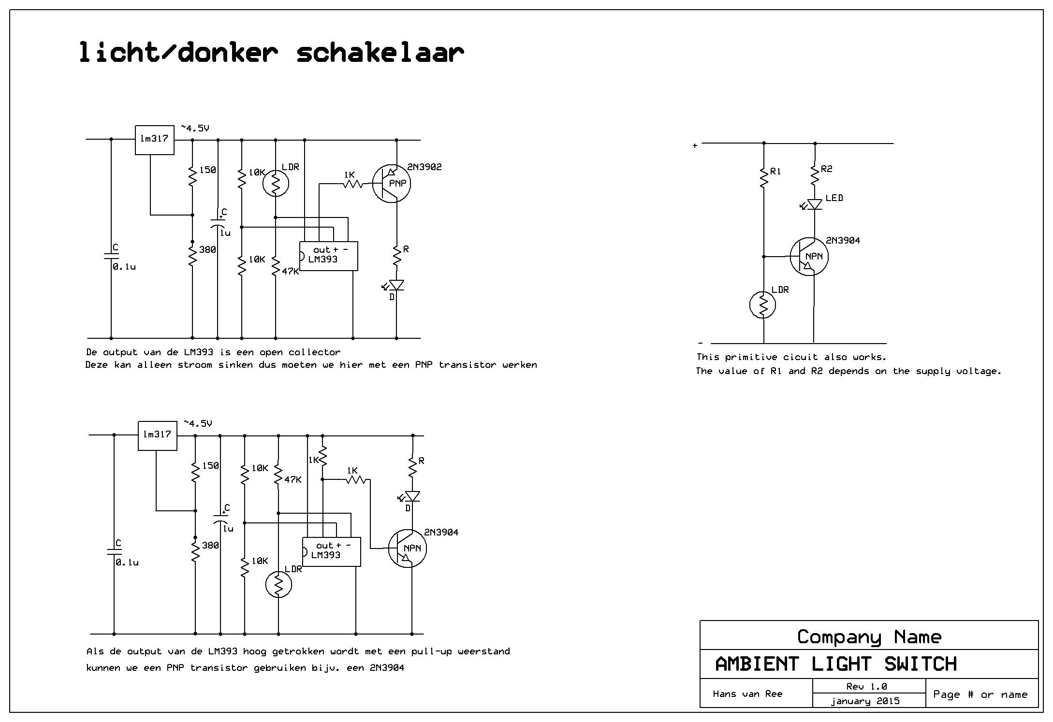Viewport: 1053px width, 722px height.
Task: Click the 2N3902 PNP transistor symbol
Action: click(x=392, y=184)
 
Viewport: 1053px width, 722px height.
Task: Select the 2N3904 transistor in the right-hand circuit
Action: click(x=809, y=257)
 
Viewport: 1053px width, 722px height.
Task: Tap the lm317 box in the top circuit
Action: click(x=154, y=140)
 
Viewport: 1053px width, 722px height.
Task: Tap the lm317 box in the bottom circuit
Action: click(x=157, y=435)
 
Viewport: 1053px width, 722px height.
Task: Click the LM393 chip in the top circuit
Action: click(x=328, y=256)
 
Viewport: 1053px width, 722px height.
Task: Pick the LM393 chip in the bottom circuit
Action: click(x=331, y=551)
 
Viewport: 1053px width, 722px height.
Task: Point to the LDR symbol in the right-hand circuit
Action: click(x=762, y=305)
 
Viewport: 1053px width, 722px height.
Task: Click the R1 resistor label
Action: click(x=775, y=172)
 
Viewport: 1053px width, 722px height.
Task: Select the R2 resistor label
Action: click(x=827, y=169)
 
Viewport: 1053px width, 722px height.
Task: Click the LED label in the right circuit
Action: click(x=834, y=198)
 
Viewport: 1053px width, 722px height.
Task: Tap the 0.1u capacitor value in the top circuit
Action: click(x=124, y=267)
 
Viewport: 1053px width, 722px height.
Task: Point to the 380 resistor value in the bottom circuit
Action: click(x=210, y=546)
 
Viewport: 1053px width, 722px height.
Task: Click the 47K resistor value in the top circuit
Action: click(x=290, y=272)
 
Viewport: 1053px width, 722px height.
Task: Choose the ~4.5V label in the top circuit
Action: click(x=195, y=128)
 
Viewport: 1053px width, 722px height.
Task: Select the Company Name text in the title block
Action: click(x=869, y=637)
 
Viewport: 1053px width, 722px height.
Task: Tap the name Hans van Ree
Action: click(x=747, y=694)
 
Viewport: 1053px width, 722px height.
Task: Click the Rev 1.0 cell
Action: click(x=866, y=686)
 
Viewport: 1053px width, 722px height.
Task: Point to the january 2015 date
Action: click(x=865, y=701)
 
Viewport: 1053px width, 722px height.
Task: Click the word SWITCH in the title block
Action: click(x=920, y=664)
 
